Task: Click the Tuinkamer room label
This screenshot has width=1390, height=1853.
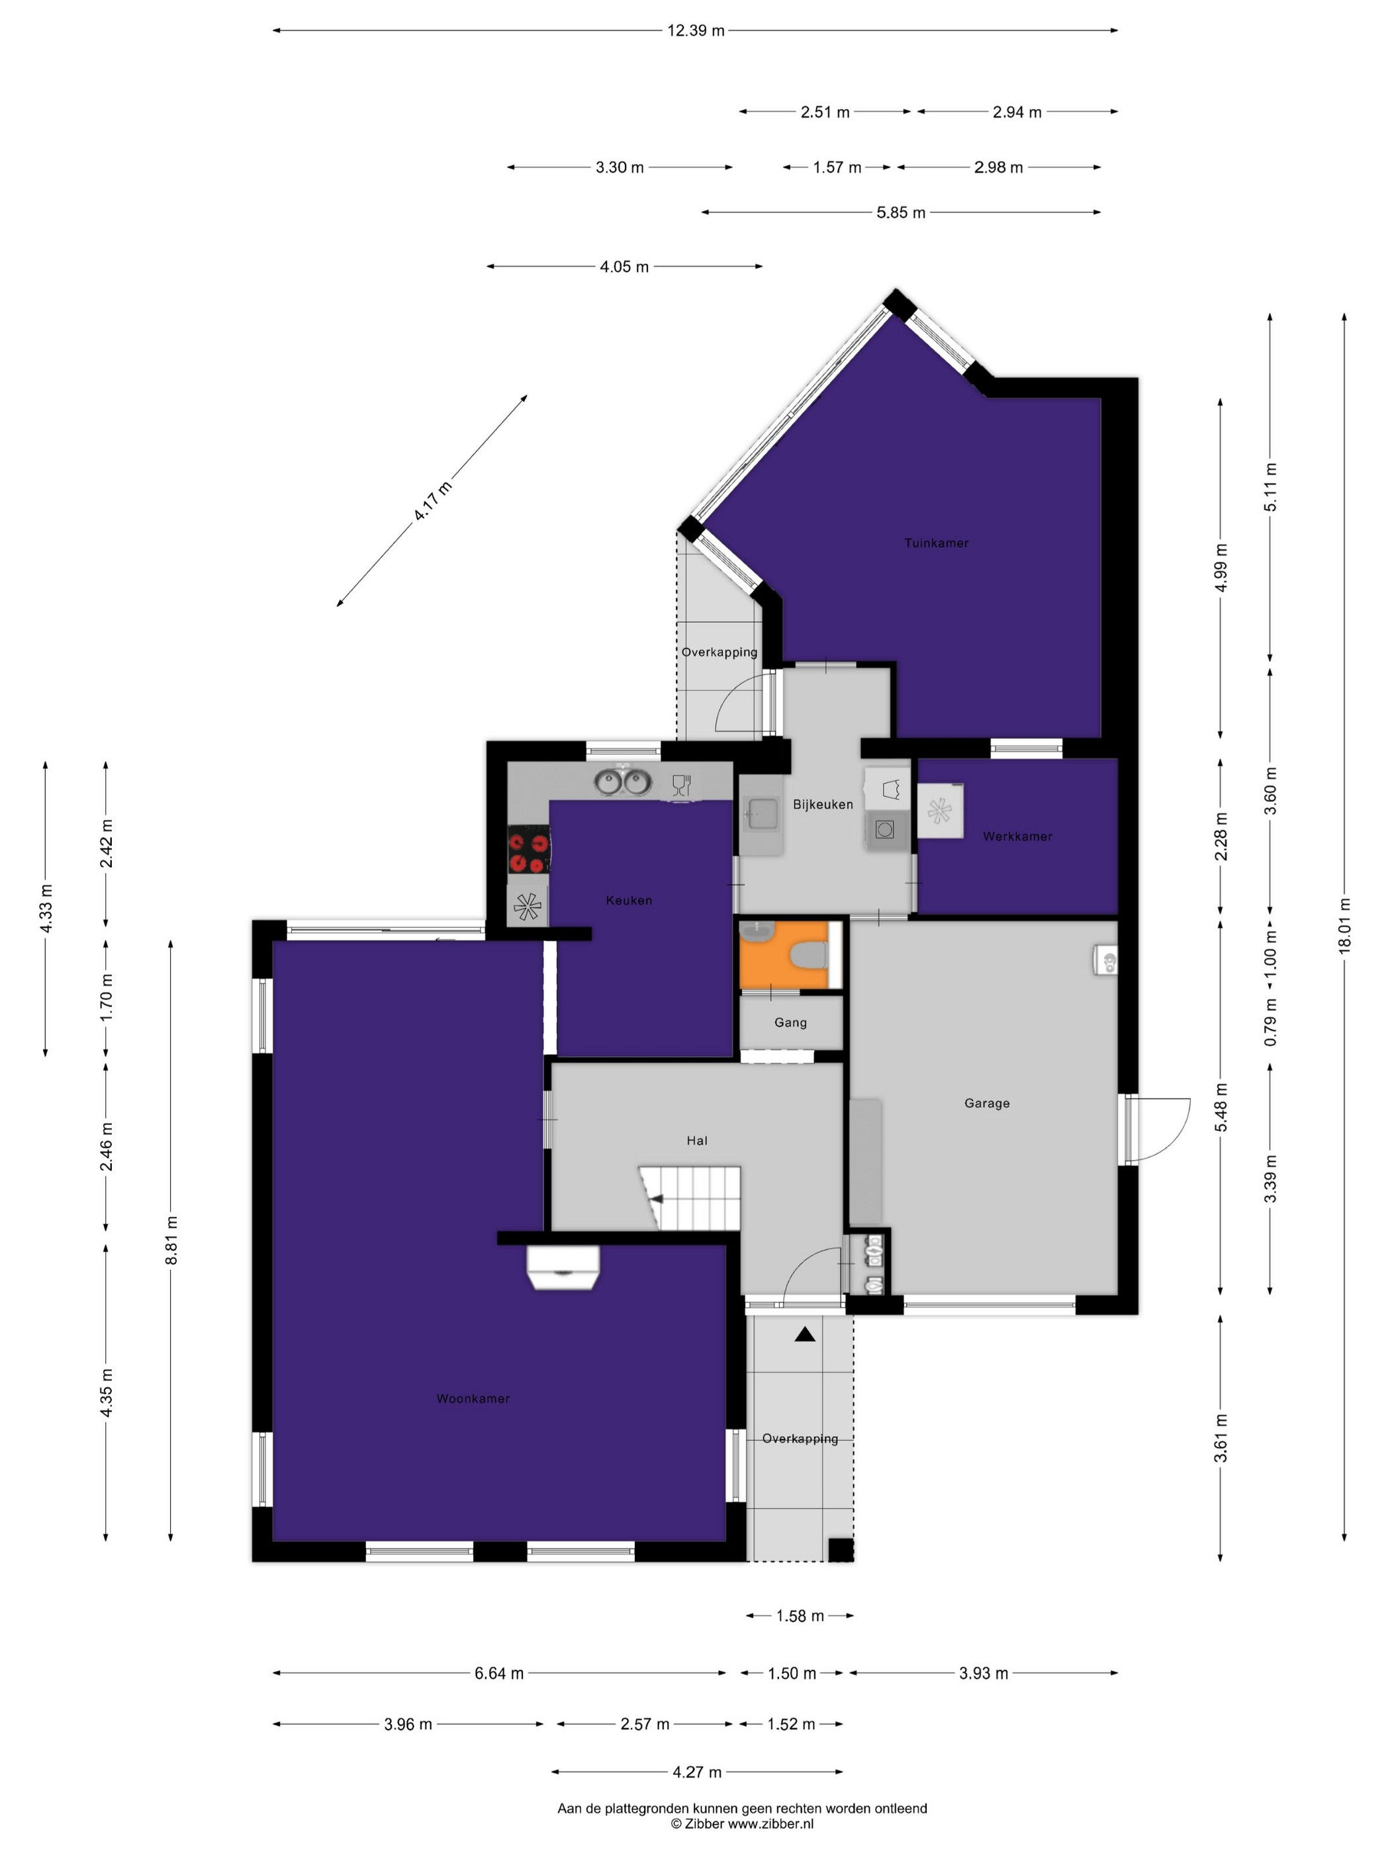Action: tap(936, 543)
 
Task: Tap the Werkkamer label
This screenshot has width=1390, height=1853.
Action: tap(1017, 836)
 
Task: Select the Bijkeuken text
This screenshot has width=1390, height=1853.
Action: tap(823, 804)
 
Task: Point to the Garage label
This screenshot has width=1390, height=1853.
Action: tap(987, 1103)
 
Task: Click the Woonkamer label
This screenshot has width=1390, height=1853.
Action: tap(473, 1398)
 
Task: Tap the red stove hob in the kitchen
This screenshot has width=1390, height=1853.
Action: tap(529, 850)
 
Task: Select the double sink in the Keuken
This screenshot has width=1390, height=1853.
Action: tap(624, 782)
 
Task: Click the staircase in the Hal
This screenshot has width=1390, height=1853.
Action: tap(690, 1198)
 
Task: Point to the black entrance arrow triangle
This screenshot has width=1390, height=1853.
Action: tap(804, 1334)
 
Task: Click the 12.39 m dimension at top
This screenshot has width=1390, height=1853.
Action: tap(696, 31)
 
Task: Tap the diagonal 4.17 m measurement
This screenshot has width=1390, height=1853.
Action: tap(432, 500)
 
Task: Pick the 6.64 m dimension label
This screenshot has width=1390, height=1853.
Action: tap(499, 1673)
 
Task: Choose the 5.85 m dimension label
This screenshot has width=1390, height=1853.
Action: tap(901, 213)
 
